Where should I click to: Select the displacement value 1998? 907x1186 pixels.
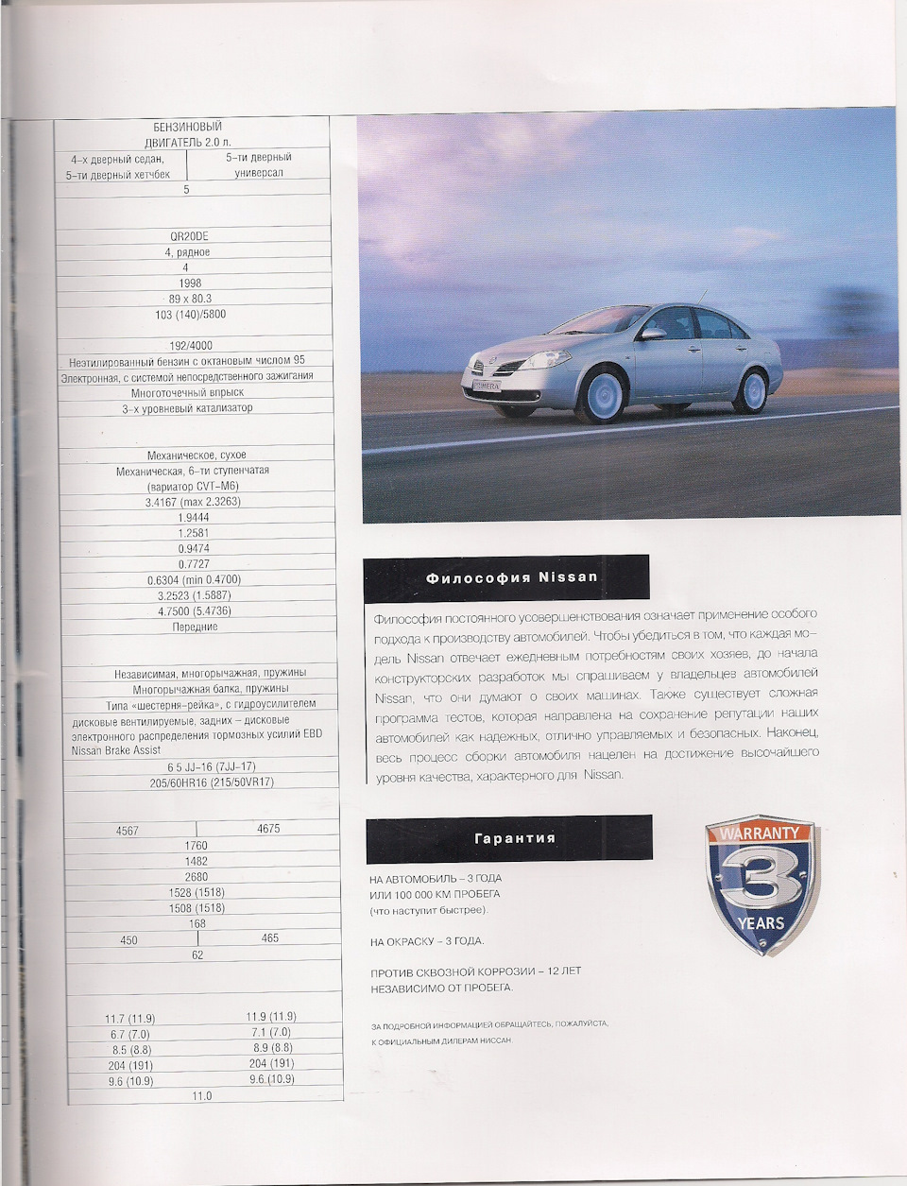189,283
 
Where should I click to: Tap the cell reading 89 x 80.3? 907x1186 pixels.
189,299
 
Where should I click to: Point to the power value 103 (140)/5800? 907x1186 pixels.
190,314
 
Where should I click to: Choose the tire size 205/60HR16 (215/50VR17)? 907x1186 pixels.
197,782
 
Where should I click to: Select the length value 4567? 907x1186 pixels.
127,831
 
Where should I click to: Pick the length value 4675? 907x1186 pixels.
268,829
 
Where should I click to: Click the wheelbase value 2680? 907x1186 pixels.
196,877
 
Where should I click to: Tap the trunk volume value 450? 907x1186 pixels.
128,940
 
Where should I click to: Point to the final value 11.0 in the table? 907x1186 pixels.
202,1096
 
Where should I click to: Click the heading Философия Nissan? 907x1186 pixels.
511,577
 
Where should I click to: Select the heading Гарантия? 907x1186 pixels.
514,838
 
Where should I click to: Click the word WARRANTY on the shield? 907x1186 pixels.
760,834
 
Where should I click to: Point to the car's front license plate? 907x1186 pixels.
487,386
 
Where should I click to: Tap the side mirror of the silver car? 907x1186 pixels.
653,333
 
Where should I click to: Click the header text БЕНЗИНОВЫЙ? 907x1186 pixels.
188,127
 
